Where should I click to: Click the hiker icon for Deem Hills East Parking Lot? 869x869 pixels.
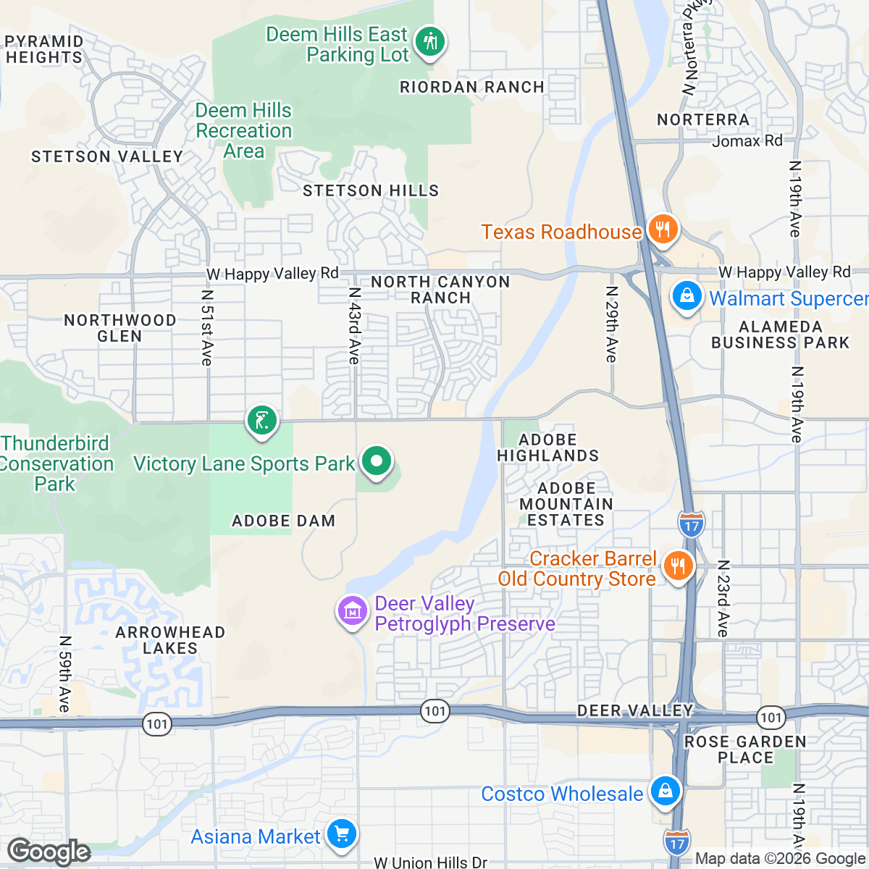point(431,41)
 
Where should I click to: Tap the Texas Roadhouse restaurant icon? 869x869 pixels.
point(662,230)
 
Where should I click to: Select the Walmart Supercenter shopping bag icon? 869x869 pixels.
point(686,296)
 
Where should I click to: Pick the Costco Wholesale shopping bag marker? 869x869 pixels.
point(664,791)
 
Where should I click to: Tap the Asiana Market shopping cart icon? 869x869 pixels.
point(341,834)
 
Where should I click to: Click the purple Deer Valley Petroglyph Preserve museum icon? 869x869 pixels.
point(353,611)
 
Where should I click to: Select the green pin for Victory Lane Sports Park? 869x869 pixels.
point(377,461)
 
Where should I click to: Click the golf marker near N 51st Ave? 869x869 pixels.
point(262,420)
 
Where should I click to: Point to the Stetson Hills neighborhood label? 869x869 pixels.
point(371,190)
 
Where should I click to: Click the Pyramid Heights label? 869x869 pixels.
point(43,49)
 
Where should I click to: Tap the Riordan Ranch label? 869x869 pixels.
point(472,87)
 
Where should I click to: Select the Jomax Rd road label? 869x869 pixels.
point(747,140)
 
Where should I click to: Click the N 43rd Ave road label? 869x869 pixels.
point(354,326)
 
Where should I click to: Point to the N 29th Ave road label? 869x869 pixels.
point(612,324)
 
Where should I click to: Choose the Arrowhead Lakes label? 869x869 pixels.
point(170,640)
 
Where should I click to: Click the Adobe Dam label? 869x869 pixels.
point(283,521)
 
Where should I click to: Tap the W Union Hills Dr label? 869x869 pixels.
point(430,862)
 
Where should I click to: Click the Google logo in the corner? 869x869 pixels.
point(49,852)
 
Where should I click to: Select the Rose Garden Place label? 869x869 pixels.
point(745,750)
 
